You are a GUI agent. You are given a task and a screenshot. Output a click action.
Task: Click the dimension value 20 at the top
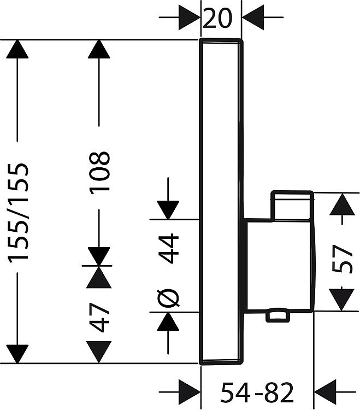(217, 18)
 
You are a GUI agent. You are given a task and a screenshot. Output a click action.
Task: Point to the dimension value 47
(99, 317)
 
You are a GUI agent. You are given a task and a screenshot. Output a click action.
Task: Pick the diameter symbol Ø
(168, 298)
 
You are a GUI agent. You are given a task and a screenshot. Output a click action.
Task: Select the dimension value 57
(343, 259)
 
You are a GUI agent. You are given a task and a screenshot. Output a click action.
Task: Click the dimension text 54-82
(257, 392)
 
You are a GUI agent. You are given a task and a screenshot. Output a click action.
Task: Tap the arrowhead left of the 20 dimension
(190, 17)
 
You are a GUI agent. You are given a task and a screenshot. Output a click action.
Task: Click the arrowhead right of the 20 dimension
(253, 17)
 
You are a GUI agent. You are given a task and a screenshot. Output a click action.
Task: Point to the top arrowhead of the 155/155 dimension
(17, 49)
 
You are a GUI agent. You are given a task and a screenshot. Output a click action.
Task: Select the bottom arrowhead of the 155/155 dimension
(17, 354)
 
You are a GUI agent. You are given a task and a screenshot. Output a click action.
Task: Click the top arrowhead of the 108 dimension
(99, 49)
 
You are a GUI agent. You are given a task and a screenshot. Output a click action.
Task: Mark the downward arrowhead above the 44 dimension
(168, 210)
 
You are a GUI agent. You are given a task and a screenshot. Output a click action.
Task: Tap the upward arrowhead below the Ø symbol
(168, 321)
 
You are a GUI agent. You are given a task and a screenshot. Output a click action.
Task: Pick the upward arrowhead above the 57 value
(342, 204)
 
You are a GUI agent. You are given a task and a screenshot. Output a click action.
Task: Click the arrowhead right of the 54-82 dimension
(325, 392)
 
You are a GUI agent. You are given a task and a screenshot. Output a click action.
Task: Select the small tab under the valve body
(278, 317)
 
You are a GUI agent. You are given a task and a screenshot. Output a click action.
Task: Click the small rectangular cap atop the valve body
(292, 206)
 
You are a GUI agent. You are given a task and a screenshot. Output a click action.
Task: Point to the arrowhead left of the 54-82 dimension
(190, 392)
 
